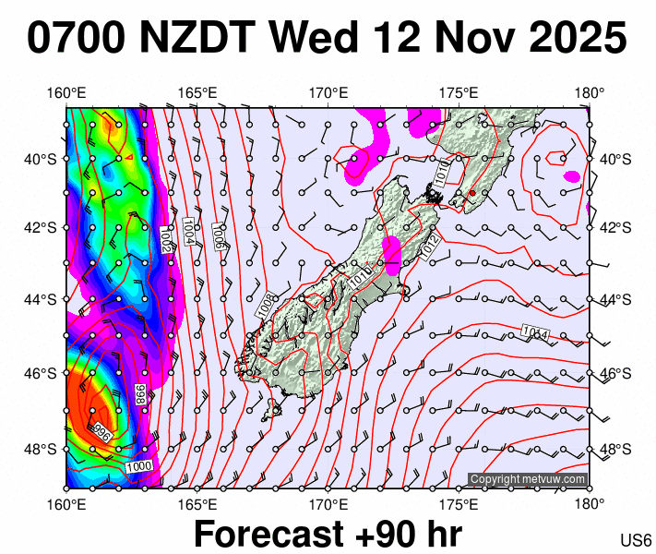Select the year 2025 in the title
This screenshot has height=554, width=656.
(571, 39)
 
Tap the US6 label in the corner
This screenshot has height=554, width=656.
(637, 540)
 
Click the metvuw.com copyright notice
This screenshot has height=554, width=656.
(528, 479)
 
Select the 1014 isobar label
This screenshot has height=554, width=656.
(533, 332)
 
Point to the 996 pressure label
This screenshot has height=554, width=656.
(103, 430)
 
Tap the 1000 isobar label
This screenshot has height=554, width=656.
(138, 467)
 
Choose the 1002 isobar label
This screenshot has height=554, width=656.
(165, 239)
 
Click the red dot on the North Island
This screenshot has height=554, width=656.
(471, 193)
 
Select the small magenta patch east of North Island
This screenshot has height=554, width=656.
(572, 176)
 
